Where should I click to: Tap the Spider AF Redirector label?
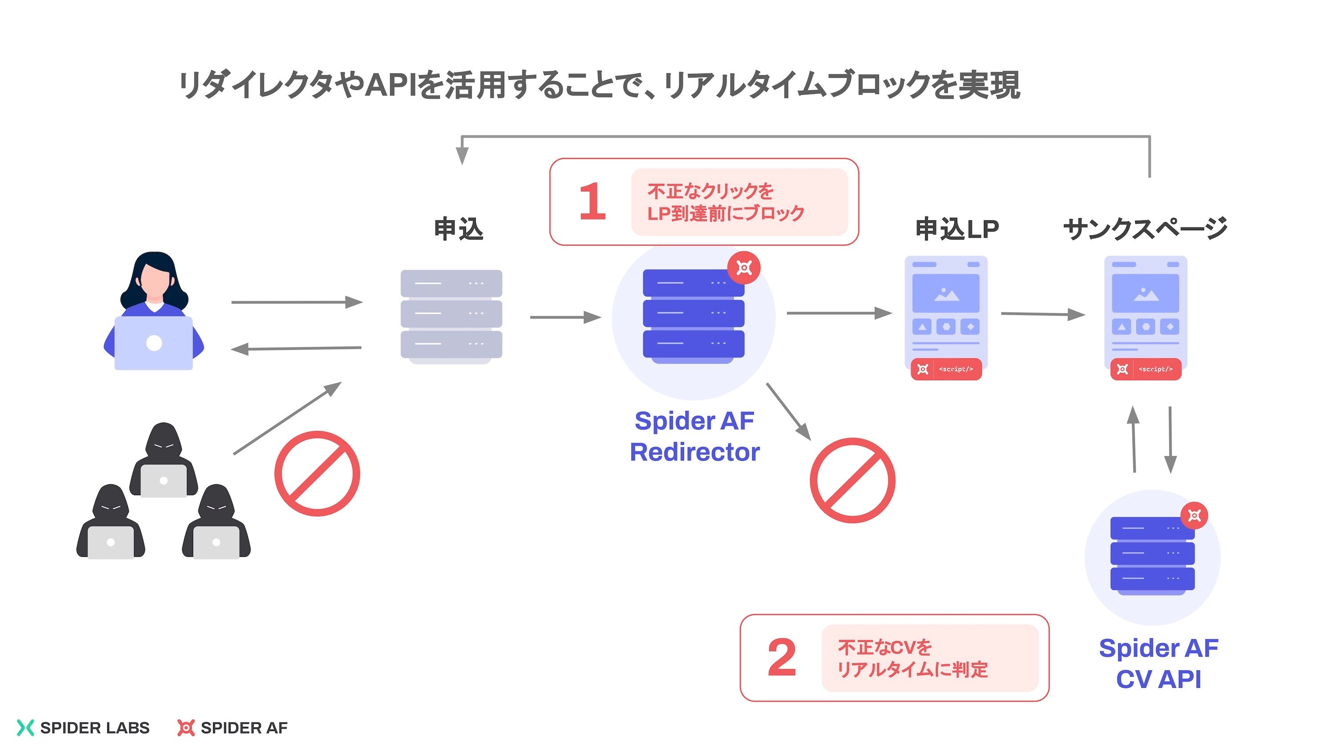coord(695,436)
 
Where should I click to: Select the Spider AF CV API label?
coord(1158,663)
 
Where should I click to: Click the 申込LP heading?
coord(957,229)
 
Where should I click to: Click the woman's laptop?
coord(154,343)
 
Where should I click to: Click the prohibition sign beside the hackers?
coord(317,473)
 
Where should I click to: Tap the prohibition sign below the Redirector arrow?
coord(853,480)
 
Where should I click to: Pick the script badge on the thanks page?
coord(1145,369)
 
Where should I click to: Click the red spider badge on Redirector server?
coord(744,268)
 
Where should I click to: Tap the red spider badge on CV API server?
coord(1194,515)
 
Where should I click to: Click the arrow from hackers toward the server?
coord(287,418)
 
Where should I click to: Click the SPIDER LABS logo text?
coord(95,728)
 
